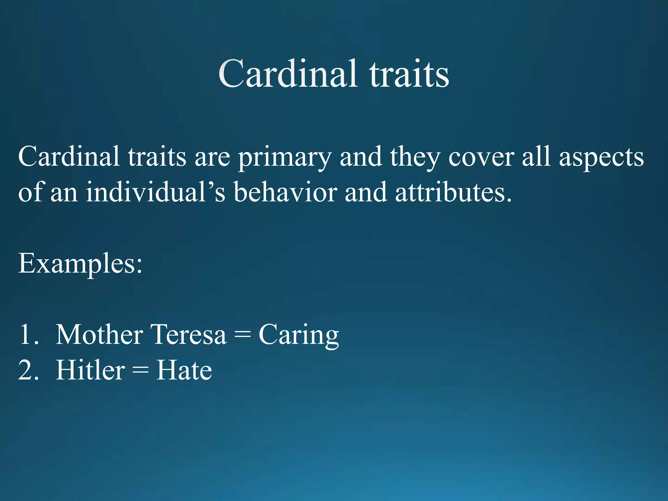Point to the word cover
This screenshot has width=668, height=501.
pyautogui.click(x=481, y=157)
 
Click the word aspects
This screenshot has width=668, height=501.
pyautogui.click(x=601, y=157)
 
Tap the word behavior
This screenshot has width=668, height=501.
pyautogui.click(x=285, y=192)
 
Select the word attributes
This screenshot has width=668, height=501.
pyautogui.click(x=453, y=192)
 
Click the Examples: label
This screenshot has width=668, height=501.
pyautogui.click(x=80, y=264)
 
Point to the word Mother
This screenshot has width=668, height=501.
pyautogui.click(x=99, y=335)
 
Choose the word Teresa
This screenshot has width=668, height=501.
pyautogui.click(x=189, y=335)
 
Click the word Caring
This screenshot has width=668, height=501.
pyautogui.click(x=298, y=335)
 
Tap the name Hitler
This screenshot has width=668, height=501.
pyautogui.click(x=90, y=370)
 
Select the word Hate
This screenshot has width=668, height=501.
pyautogui.click(x=184, y=370)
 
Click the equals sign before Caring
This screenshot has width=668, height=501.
pyautogui.click(x=242, y=335)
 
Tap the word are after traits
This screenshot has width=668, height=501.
pyautogui.click(x=212, y=157)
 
